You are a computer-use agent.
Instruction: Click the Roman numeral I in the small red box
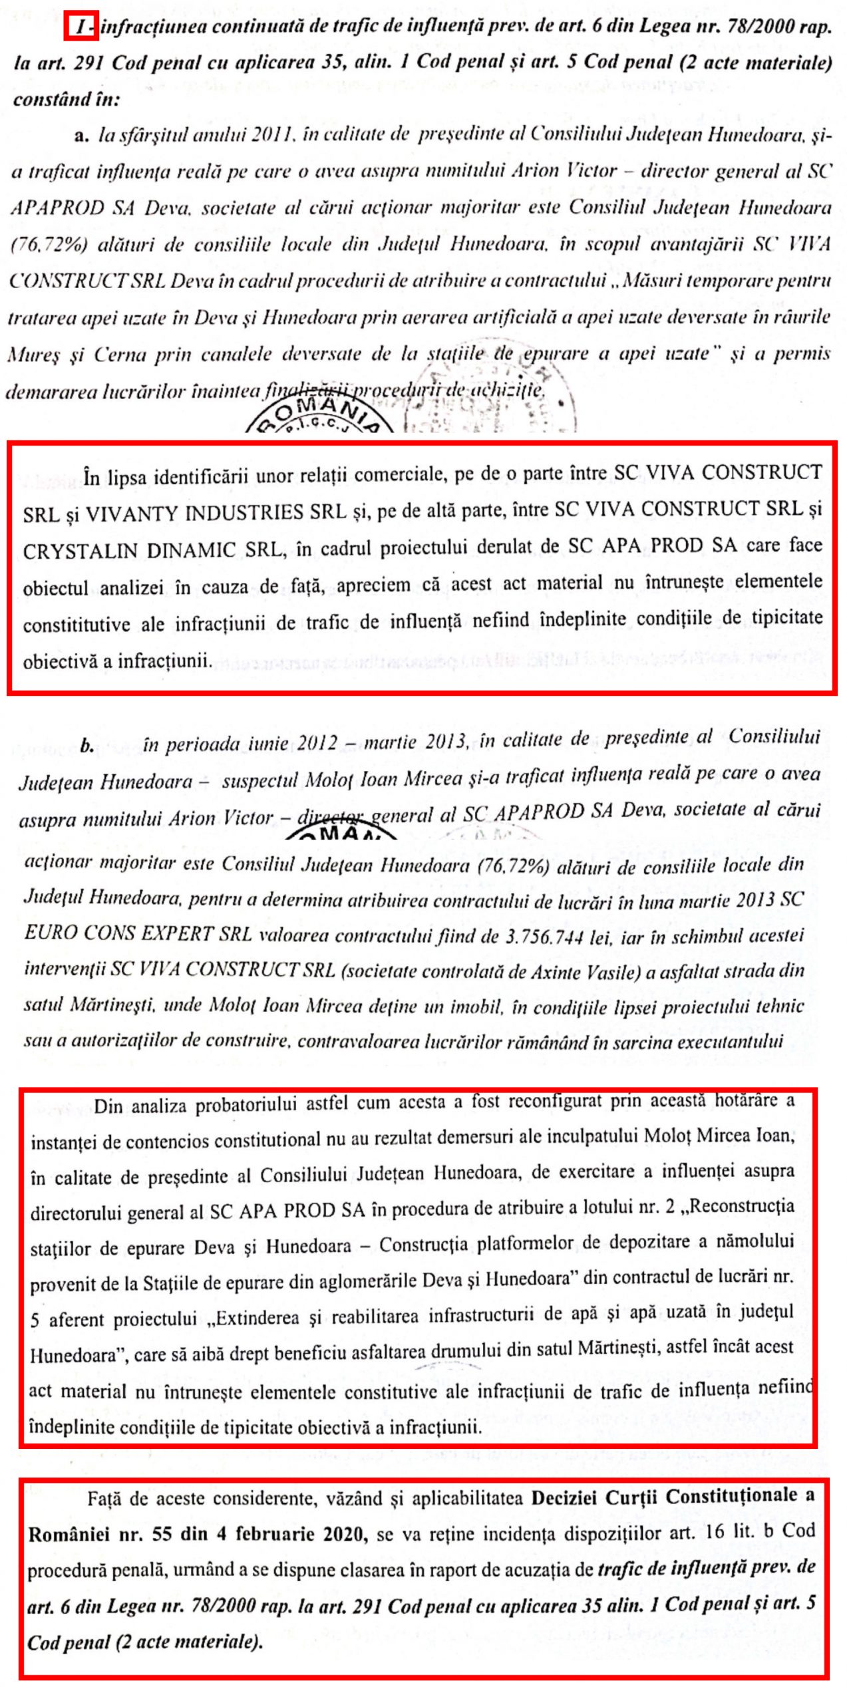(x=81, y=28)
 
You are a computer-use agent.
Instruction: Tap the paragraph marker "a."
(x=82, y=136)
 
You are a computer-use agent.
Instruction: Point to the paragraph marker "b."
(x=86, y=746)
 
